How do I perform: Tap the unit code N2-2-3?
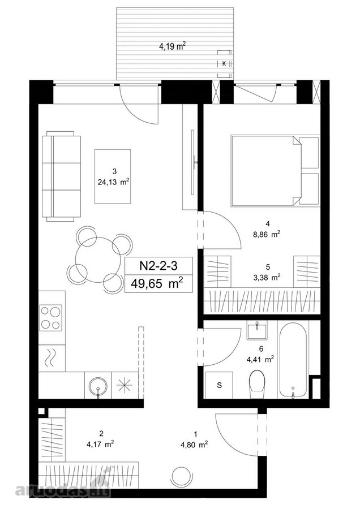coord(158,266)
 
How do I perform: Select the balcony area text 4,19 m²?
coord(172,46)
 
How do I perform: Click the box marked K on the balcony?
coord(225,64)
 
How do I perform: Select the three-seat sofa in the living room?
coord(61,176)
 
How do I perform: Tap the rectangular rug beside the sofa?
coord(113,176)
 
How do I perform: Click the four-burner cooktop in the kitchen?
coord(50,318)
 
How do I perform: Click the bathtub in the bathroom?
coord(293,359)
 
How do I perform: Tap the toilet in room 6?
coord(257,383)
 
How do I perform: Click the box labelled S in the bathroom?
coord(219,385)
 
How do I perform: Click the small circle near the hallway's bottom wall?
coord(179,476)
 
